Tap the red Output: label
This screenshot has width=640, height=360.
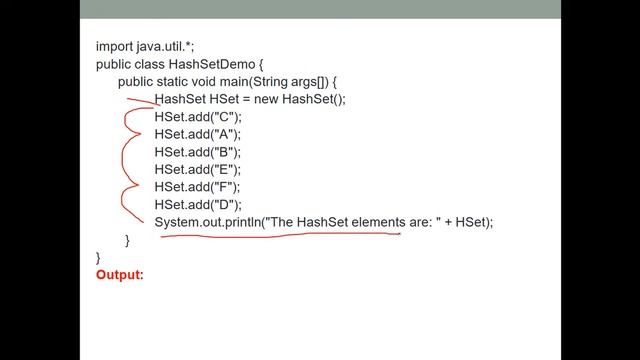coord(120,274)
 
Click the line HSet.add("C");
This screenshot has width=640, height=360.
coord(198,117)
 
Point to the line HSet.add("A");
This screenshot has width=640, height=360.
coord(198,134)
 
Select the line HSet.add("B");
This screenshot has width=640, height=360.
coord(198,152)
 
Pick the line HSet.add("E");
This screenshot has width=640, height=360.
coord(198,169)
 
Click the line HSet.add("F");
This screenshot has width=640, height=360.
coord(198,187)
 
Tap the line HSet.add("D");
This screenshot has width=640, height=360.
coord(198,204)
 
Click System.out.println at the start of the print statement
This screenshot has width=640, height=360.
coord(207,222)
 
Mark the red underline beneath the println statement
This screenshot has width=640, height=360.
coord(280,237)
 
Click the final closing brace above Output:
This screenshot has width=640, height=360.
coord(98,257)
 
